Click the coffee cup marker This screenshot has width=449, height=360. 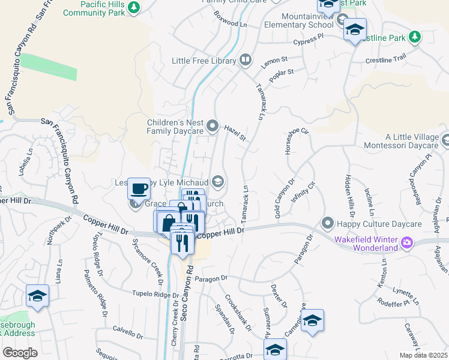(139, 188)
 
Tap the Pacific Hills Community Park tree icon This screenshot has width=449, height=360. (136, 7)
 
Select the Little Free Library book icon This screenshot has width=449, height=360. (246, 60)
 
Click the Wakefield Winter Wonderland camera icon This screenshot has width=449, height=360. (407, 242)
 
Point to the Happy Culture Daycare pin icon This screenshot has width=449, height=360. (327, 224)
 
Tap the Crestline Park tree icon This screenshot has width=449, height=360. (414, 37)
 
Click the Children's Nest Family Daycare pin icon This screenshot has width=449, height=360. (212, 126)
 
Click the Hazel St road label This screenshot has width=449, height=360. (235, 133)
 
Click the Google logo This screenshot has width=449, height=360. (20, 352)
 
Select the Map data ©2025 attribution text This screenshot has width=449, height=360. (423, 355)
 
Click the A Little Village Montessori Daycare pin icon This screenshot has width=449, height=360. (445, 140)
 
